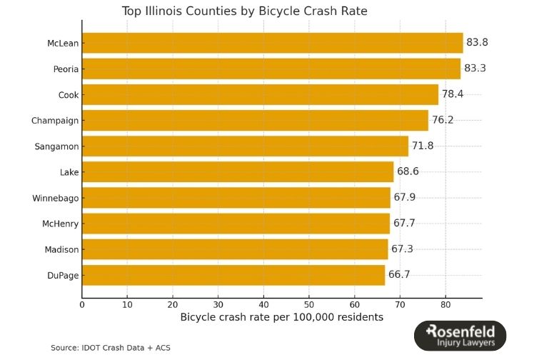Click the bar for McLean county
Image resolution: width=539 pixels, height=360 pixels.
(272, 43)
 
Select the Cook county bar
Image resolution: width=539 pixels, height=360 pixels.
(260, 94)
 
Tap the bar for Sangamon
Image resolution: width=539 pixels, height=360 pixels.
(245, 146)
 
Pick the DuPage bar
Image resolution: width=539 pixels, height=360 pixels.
(233, 275)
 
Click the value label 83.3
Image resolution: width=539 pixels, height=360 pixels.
(477, 69)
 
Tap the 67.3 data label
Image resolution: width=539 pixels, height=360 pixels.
(402, 249)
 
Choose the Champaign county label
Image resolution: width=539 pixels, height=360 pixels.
(55, 121)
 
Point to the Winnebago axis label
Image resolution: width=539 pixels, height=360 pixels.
(56, 198)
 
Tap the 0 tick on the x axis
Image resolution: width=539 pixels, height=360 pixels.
(82, 304)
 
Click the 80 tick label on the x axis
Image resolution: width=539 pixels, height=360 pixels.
(445, 304)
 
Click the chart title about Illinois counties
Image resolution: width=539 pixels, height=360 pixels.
(255, 11)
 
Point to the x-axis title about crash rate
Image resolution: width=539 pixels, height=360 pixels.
(281, 316)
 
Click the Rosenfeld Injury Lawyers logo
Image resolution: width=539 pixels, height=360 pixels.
(460, 336)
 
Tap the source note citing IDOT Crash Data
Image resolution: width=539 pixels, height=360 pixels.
(111, 348)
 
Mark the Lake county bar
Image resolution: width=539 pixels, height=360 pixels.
(238, 172)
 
